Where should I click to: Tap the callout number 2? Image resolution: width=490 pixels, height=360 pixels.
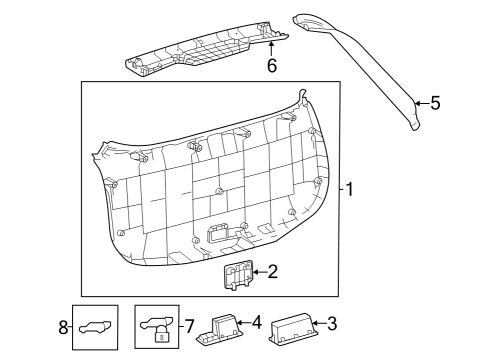coord(271,270)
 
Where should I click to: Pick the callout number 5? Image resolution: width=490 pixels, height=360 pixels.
coord(435,102)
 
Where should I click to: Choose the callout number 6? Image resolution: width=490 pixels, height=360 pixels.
coord(270,66)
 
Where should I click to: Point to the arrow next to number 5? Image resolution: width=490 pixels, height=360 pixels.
coord(421,102)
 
